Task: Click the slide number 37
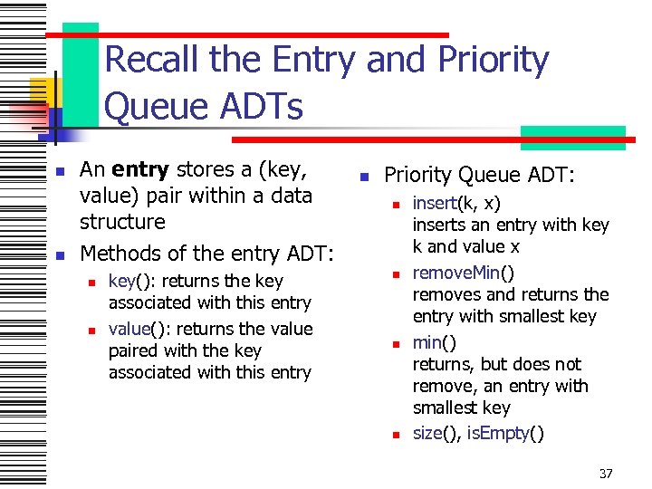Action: (x=606, y=473)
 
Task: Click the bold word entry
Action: (x=142, y=169)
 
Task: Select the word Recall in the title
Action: (x=153, y=60)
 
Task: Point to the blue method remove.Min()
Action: (x=464, y=273)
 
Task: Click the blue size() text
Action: (x=436, y=433)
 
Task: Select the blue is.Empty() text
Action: (x=506, y=433)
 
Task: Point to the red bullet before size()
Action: (x=395, y=435)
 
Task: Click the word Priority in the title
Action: (x=493, y=60)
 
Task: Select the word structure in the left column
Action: (x=122, y=222)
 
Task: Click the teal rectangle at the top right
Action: (x=572, y=137)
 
